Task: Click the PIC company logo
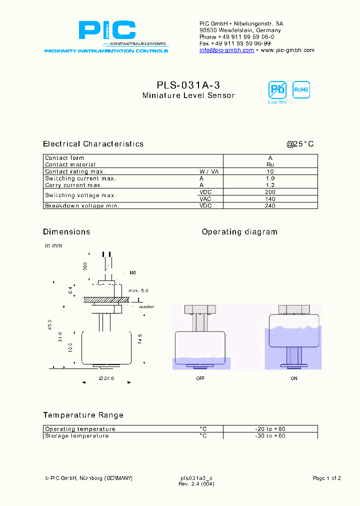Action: coord(106,31)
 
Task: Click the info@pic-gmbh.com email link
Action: coord(226,50)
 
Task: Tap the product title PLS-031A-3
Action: coord(188,85)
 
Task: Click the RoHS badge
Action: coord(301,90)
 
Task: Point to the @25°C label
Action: coord(300,144)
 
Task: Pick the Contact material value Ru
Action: coord(270,164)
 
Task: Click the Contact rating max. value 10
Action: coord(270,171)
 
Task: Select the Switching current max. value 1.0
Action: coord(270,178)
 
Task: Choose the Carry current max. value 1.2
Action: coord(270,185)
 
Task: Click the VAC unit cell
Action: coord(205,198)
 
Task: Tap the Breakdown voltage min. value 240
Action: coord(270,205)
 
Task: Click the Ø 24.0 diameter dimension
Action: coord(106,378)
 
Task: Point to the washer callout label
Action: coord(146,306)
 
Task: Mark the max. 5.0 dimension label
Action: coord(138,290)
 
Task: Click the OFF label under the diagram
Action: coord(200,378)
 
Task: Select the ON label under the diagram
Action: coord(294,378)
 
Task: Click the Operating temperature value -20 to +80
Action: coord(270,429)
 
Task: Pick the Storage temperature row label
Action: coord(77,436)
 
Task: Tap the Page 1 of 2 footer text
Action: coord(326,478)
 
